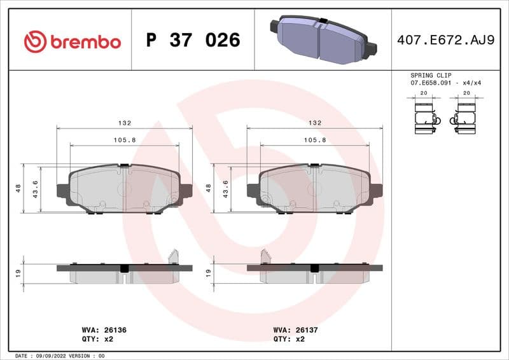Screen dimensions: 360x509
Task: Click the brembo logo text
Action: point(85,42)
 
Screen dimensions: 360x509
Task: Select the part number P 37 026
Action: point(193,41)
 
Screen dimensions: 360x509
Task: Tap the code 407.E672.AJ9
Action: point(445,41)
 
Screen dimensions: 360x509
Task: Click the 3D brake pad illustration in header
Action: point(323,39)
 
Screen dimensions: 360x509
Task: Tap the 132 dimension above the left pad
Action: point(124,123)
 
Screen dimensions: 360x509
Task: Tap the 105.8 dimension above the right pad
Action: point(314,140)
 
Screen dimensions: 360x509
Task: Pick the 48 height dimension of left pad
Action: point(19,188)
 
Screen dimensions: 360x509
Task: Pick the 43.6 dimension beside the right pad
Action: point(225,188)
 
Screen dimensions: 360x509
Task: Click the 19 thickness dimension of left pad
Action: point(19,273)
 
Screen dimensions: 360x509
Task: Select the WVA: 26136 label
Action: point(105,330)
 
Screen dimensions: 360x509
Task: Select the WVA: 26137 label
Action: point(295,330)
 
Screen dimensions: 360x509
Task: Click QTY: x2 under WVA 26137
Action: point(289,339)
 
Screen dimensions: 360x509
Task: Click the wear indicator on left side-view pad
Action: point(172,256)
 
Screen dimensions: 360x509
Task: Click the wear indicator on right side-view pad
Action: point(265,256)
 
